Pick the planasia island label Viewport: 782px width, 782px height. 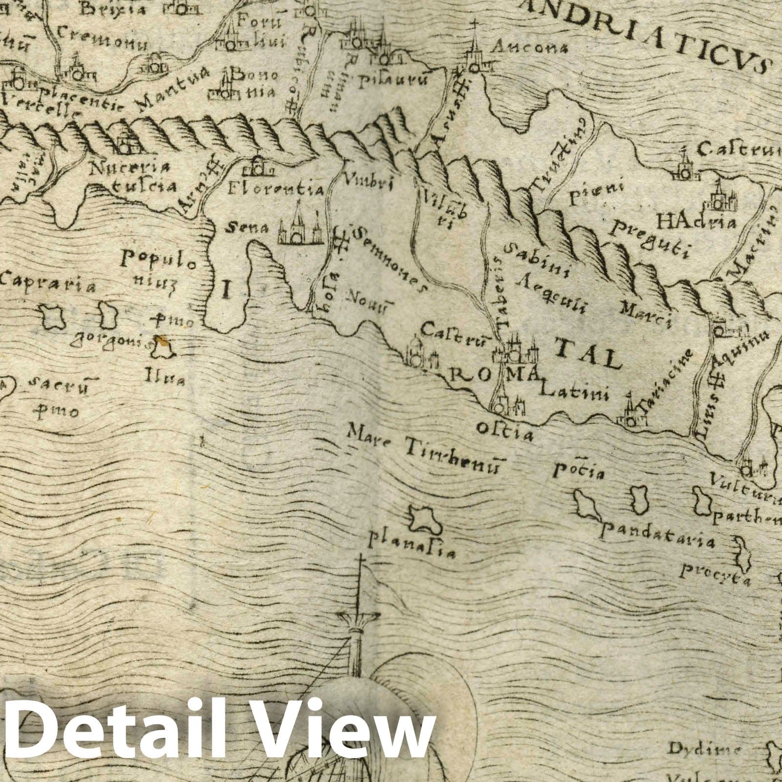pyautogui.click(x=413, y=547)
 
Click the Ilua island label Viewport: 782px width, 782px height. pyautogui.click(x=164, y=378)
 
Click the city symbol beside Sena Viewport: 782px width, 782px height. pyautogui.click(x=300, y=230)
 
